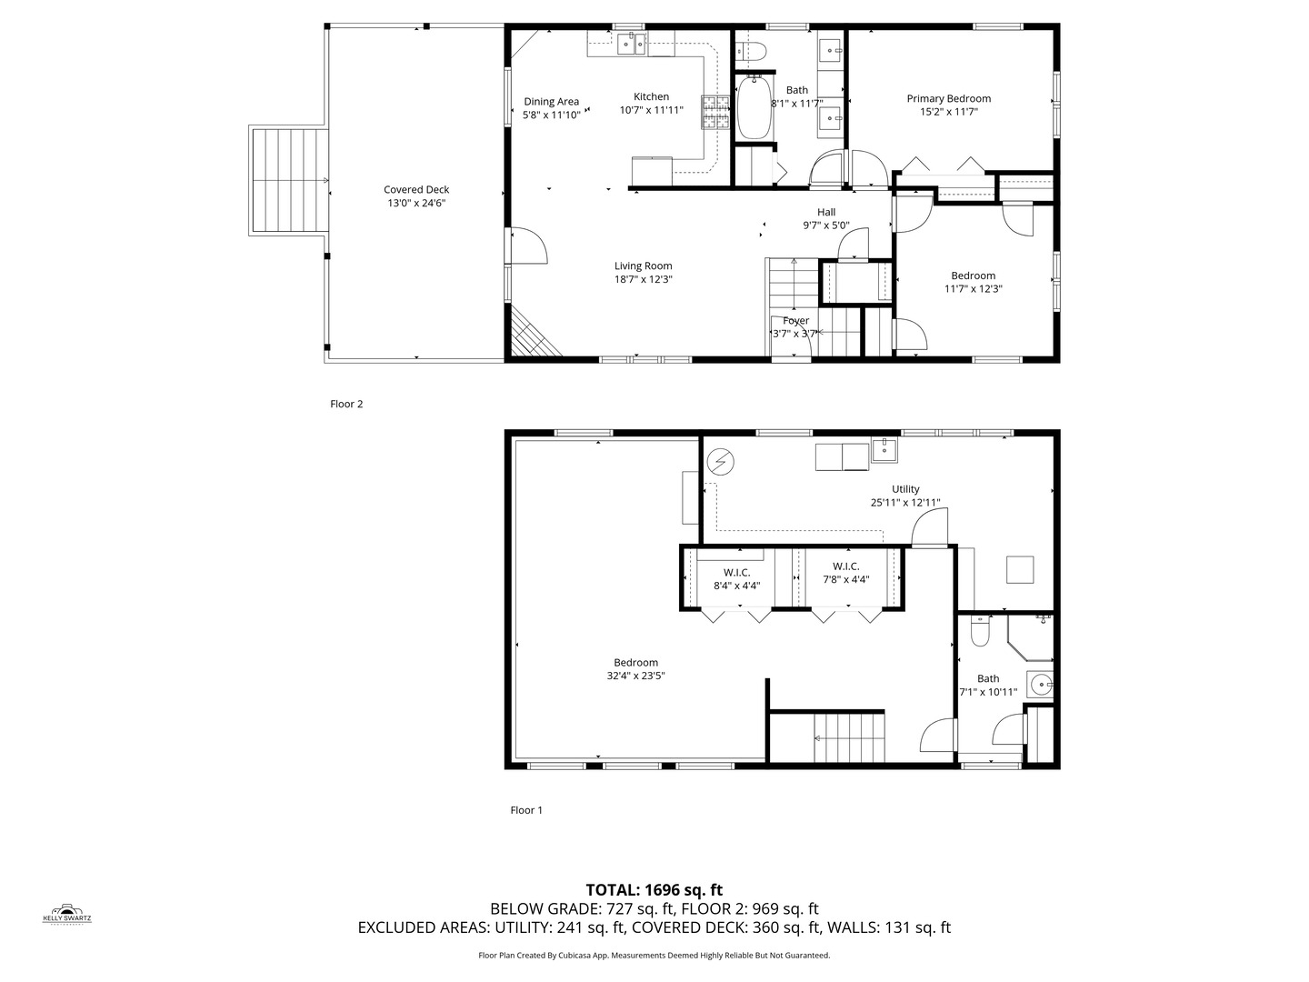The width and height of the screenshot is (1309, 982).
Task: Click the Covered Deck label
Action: tap(416, 190)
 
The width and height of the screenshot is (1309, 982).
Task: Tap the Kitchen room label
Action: tap(651, 96)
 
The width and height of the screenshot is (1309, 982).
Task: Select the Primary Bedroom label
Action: tap(948, 98)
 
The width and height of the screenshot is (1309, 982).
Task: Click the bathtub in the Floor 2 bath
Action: tap(753, 109)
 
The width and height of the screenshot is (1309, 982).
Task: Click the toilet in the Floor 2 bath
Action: tap(753, 51)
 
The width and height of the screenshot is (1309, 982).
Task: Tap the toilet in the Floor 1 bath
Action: tap(980, 632)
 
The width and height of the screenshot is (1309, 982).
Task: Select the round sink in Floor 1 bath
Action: tap(1039, 684)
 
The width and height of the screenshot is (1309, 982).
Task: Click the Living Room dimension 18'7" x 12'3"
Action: tap(643, 280)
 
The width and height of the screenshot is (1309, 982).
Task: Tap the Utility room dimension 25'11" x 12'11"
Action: tap(904, 502)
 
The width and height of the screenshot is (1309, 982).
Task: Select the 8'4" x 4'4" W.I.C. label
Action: tap(736, 586)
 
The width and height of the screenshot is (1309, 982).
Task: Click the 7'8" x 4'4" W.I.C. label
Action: tap(845, 580)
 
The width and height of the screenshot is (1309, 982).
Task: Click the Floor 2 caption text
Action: tap(346, 404)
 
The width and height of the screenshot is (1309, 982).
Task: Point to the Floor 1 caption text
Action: tap(526, 810)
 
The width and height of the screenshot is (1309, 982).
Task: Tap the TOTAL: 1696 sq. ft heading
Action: tap(654, 889)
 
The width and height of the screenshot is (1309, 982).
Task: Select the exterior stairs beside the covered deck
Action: tap(289, 181)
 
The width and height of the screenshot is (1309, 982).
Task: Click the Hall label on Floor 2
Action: tap(825, 212)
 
